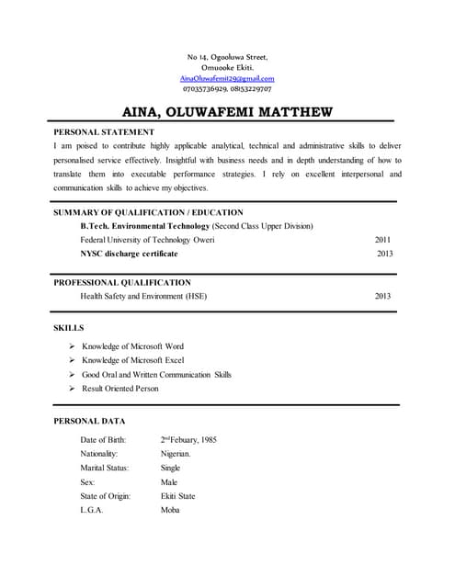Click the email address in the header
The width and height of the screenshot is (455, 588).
coord(227,79)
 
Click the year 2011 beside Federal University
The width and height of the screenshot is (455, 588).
coord(383,240)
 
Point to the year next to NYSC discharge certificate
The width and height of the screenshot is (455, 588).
coord(384,254)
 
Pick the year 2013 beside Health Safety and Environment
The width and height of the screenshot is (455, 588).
coord(383,296)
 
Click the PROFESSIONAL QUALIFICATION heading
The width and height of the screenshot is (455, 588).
coord(122,282)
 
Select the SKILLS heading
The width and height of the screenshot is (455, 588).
coord(69,327)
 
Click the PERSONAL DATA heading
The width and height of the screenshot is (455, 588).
coord(89,420)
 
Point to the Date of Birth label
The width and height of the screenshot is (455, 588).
coord(103,440)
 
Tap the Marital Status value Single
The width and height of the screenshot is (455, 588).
coord(170,468)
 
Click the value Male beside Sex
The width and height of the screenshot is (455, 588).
coord(168,481)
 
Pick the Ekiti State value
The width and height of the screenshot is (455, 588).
coord(177,496)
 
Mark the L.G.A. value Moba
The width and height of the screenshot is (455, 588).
coord(170,510)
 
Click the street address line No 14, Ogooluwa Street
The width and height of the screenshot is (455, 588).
coord(227,57)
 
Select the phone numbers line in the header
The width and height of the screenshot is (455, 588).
coord(227,89)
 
